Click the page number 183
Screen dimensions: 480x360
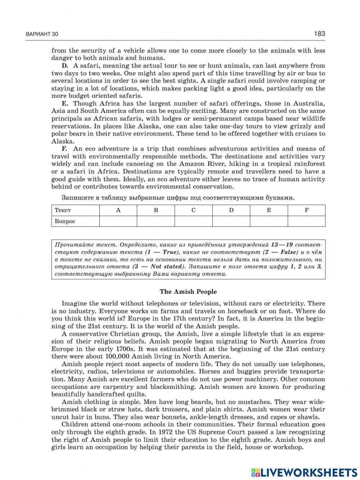pyautogui.click(x=319, y=34)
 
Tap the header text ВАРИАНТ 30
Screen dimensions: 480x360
pyautogui.click(x=42, y=35)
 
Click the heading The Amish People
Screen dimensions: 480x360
pyautogui.click(x=188, y=292)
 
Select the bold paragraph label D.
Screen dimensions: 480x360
pyautogui.click(x=65, y=66)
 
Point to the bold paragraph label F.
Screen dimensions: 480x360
pyautogui.click(x=64, y=149)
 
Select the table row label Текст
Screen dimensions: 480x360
pyautogui.click(x=63, y=210)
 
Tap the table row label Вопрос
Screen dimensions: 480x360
pyautogui.click(x=65, y=221)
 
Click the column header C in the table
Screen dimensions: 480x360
pyautogui.click(x=193, y=210)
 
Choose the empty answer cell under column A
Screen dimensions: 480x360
pyautogui.click(x=118, y=221)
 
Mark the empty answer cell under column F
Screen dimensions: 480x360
pyautogui.click(x=306, y=221)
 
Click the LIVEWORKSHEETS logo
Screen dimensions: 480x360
pyautogui.click(x=304, y=472)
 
